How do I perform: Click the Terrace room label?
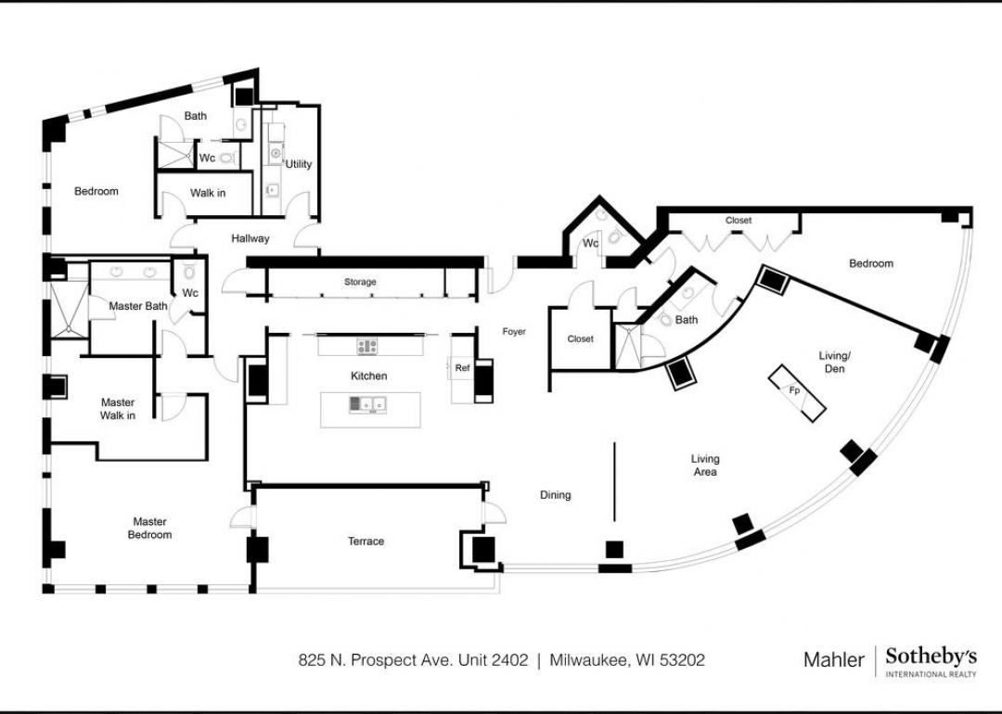coord(366,542)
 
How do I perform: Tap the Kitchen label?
coord(368,376)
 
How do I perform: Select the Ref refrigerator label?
coord(462,368)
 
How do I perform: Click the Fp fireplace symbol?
coord(796,393)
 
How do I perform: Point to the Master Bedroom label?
coord(149,529)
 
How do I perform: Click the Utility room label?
coord(299,164)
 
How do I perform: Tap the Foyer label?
coord(514,331)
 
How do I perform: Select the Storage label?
coord(360,282)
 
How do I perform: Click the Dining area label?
coord(556,495)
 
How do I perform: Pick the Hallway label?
coord(250,239)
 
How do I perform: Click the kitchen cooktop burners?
coord(366,347)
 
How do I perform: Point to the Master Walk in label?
coord(118,409)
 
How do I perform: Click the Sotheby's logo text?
coord(931,657)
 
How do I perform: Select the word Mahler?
coord(833,659)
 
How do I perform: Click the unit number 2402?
coord(510,659)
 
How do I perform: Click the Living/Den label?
coord(834,363)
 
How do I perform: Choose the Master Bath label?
coord(138,306)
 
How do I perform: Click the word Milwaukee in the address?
coord(590,660)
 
